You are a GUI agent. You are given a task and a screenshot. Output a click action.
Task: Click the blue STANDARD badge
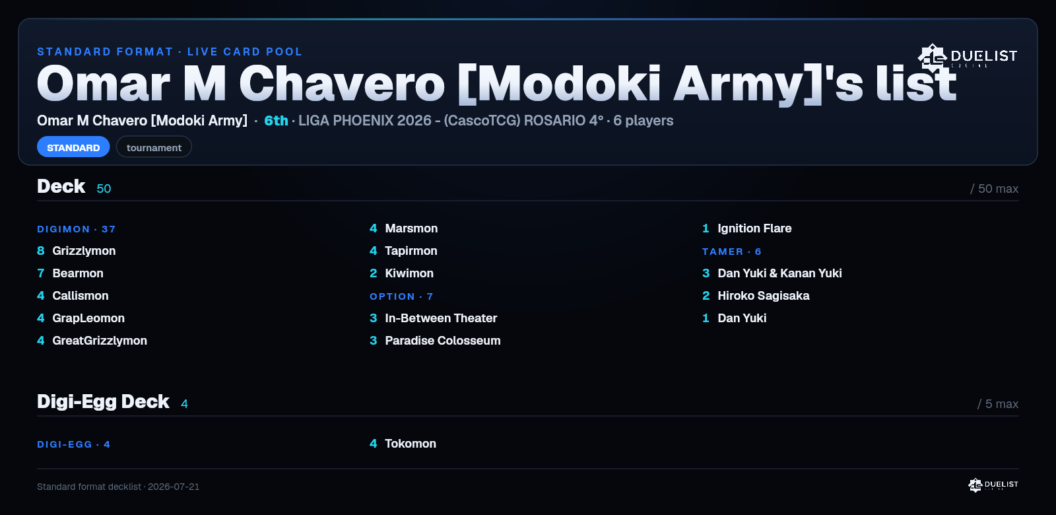73,147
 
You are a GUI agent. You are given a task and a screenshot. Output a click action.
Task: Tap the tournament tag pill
154,147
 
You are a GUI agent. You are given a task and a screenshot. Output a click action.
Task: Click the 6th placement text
276,121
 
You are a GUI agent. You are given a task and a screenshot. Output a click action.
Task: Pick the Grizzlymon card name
84,251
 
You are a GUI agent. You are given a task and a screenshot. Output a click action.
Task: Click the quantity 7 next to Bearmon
40,273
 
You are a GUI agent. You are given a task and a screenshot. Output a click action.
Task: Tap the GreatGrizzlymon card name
100,341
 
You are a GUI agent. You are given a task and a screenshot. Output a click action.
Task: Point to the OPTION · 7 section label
401,296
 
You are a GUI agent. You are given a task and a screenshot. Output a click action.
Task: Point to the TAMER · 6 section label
732,252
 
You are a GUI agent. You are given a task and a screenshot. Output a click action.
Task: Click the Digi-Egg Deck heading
103,402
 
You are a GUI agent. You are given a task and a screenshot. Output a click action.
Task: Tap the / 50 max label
994,189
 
